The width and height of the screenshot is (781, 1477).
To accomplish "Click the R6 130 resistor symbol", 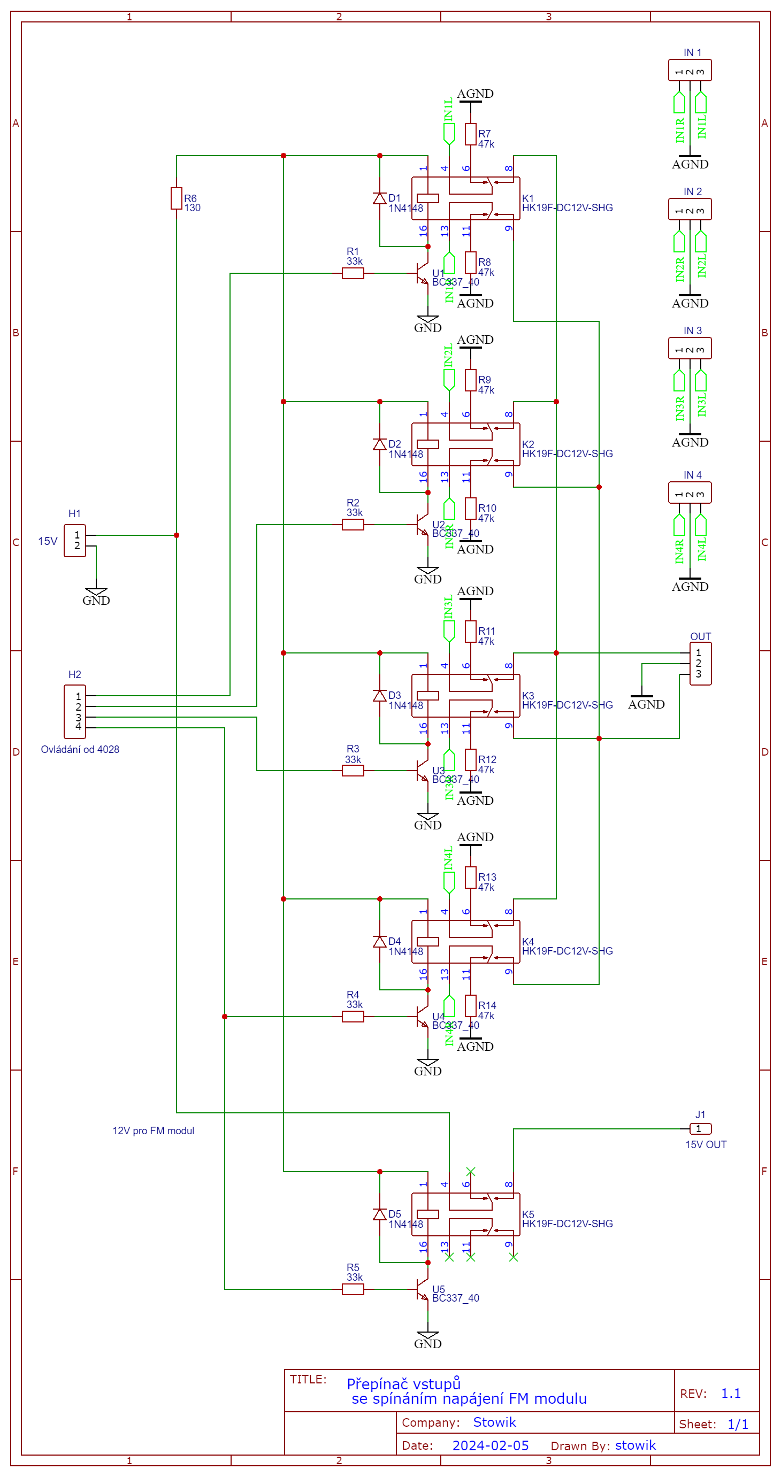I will [176, 198].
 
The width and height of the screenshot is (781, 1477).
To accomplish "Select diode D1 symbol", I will [380, 198].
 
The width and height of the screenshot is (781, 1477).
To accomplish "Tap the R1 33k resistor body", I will [353, 273].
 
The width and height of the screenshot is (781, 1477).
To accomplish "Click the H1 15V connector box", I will [74, 540].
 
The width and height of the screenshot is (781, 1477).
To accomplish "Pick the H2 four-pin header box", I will [74, 712].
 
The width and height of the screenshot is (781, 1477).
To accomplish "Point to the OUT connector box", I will [700, 664].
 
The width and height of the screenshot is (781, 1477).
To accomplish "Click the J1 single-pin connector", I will [700, 1128].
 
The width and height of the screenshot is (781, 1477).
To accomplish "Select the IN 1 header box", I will [690, 71].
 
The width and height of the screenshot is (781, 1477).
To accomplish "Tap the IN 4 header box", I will [690, 493].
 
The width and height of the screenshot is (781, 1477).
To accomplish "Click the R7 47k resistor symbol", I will [470, 134].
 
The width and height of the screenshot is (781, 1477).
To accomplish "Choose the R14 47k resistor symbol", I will [470, 1006].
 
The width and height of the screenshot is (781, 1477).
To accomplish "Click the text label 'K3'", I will [528, 696].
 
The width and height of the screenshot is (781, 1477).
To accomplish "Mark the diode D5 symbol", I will [380, 1214].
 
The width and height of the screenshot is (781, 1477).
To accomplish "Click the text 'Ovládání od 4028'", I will [80, 749].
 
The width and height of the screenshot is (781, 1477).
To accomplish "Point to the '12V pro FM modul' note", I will [153, 1130].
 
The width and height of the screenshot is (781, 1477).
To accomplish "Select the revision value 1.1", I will [731, 1393].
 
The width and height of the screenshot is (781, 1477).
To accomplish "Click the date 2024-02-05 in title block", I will [491, 1445].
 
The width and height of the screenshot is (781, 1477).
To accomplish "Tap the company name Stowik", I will [494, 1422].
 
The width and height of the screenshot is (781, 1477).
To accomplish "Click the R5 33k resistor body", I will [353, 1289].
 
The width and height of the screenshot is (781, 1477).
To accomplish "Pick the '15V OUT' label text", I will [706, 1144].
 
